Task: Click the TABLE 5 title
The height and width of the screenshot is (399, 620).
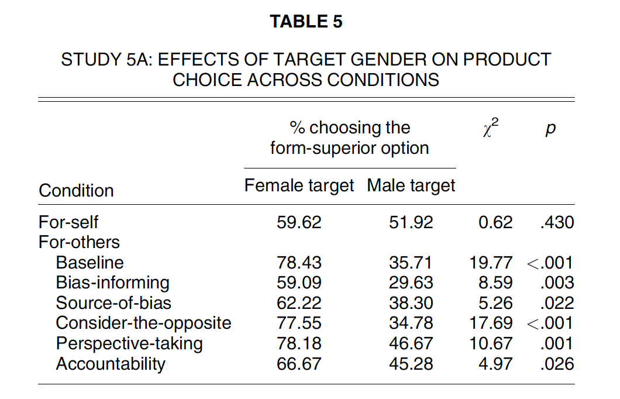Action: click(x=306, y=22)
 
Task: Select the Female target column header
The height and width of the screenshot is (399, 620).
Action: click(x=299, y=185)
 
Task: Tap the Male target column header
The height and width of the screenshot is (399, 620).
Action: click(x=411, y=185)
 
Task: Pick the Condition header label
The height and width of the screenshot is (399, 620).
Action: click(x=76, y=191)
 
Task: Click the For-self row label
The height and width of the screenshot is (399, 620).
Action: click(x=68, y=222)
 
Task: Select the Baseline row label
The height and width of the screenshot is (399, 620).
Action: click(x=89, y=263)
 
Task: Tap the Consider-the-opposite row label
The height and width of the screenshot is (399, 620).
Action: click(x=143, y=323)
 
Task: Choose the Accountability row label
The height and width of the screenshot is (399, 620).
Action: click(x=111, y=364)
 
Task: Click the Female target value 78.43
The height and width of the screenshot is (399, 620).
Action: click(x=299, y=263)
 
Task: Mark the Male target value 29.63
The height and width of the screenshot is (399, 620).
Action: click(x=411, y=283)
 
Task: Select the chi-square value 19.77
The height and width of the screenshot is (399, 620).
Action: click(x=491, y=263)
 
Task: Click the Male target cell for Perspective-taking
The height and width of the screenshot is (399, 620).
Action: click(x=411, y=343)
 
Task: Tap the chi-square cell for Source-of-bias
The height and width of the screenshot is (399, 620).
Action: click(x=496, y=303)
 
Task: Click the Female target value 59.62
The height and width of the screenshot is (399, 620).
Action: click(x=299, y=222)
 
